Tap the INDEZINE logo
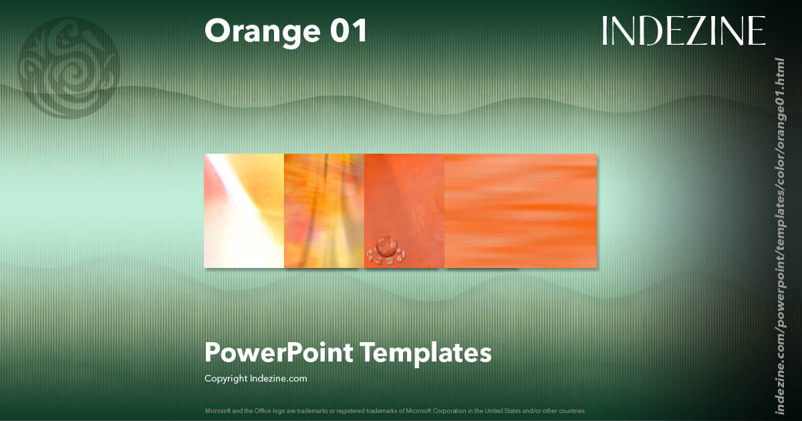point(683,31)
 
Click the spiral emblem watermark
point(68,68)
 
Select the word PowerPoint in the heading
point(278,352)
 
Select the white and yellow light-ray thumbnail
point(244,210)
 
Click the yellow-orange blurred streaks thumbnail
point(324,210)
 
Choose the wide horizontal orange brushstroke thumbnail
point(521,210)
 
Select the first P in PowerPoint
point(213,352)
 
